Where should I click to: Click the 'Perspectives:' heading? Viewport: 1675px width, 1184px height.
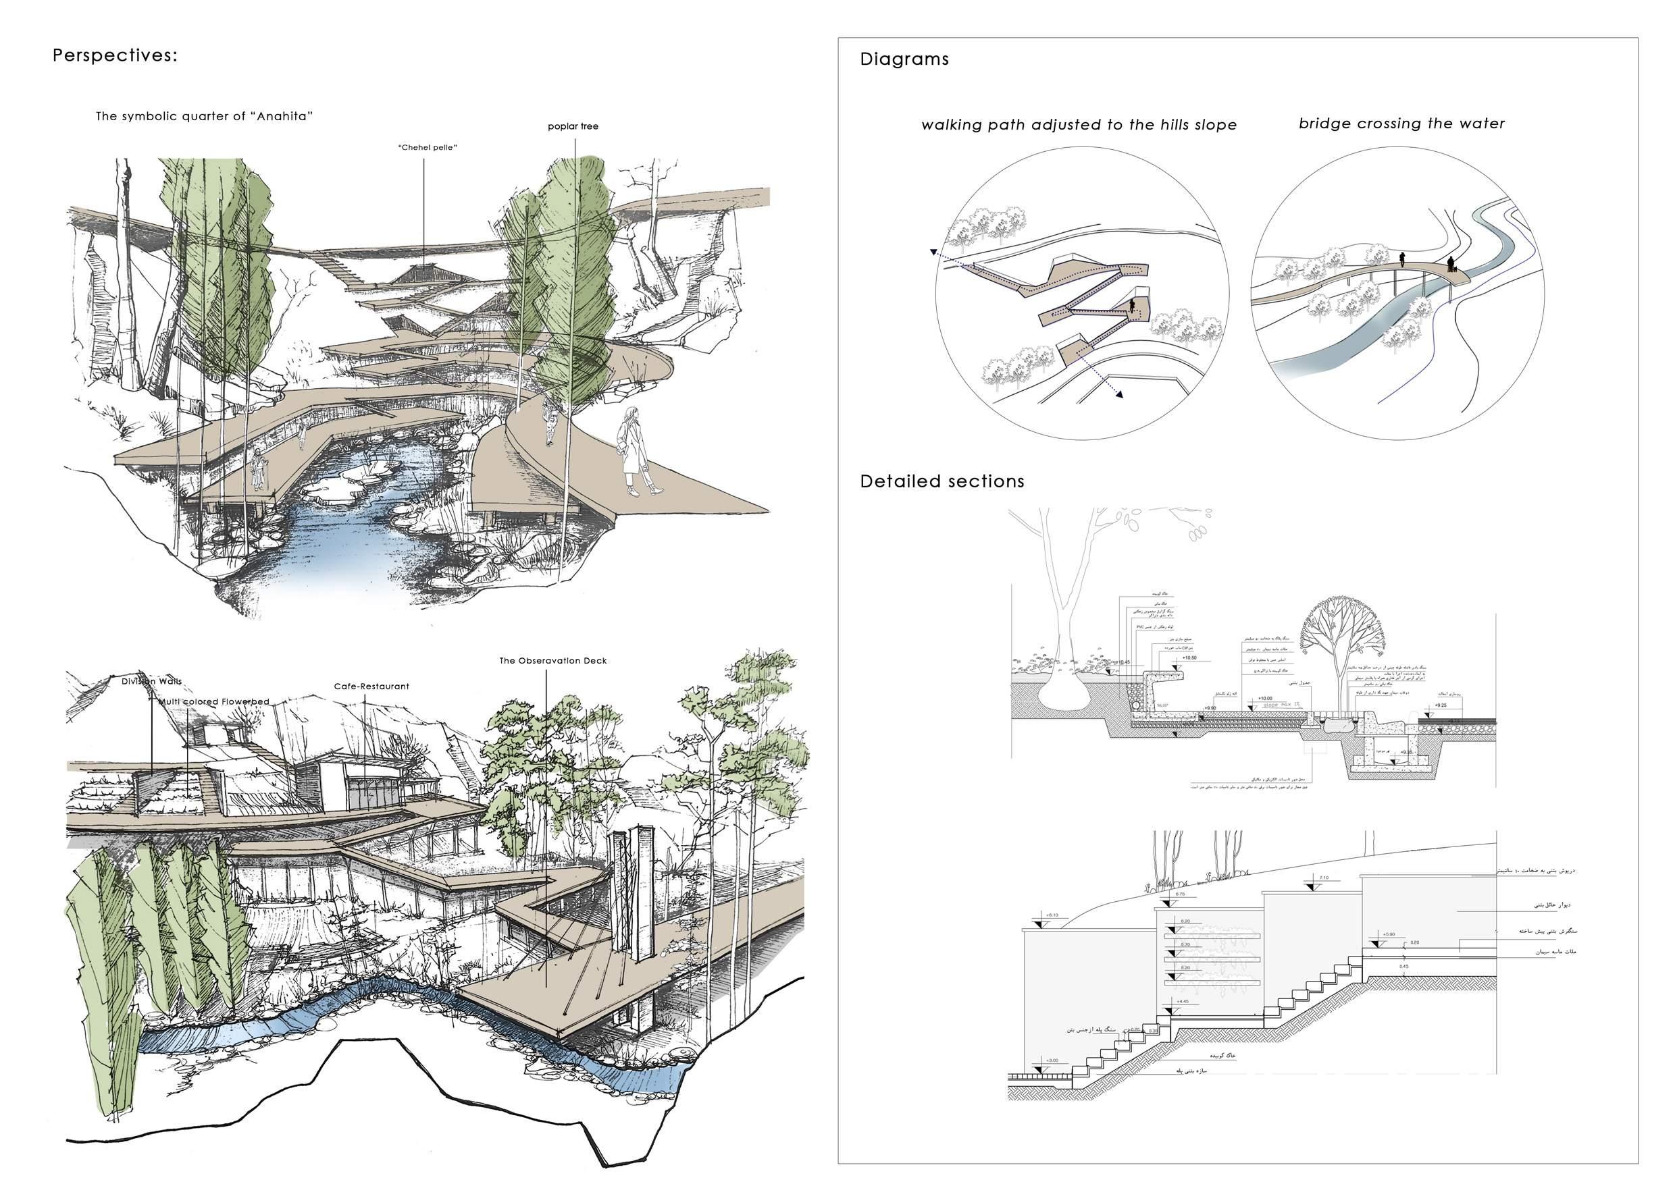(x=115, y=56)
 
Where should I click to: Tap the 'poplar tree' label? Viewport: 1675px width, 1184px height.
(x=573, y=126)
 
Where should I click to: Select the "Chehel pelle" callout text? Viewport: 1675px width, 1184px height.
(x=428, y=148)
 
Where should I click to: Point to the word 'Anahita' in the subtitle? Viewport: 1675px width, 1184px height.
(x=284, y=116)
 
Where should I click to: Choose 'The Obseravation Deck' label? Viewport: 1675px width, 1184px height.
(x=552, y=661)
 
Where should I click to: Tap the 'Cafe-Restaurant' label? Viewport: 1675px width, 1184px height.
(x=371, y=686)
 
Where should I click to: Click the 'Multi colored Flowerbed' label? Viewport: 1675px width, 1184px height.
(x=215, y=701)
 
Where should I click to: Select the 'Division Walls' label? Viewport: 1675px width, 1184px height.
(x=152, y=681)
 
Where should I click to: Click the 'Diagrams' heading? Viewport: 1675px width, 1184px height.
(x=904, y=59)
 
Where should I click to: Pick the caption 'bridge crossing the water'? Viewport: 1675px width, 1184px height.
(x=1401, y=124)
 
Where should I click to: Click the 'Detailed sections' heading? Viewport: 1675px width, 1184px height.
(x=942, y=481)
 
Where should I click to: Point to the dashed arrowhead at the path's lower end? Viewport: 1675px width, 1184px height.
(x=1118, y=394)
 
